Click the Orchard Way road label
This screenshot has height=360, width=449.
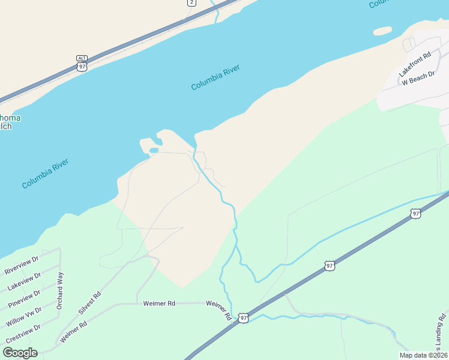pyautogui.click(x=59, y=291)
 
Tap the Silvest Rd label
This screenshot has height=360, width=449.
pyautogui.click(x=90, y=304)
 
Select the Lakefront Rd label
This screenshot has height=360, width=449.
pyautogui.click(x=415, y=65)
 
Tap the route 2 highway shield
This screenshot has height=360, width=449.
pyautogui.click(x=191, y=2)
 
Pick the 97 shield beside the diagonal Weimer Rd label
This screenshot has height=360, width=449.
pyautogui.click(x=243, y=318)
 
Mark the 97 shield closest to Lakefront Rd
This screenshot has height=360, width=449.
pyautogui.click(x=415, y=214)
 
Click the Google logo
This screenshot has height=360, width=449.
pyautogui.click(x=20, y=353)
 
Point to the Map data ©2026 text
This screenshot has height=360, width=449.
pyautogui.click(x=423, y=355)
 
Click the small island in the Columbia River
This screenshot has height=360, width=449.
pyautogui.click(x=382, y=30)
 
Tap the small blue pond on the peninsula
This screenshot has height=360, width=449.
pyautogui.click(x=154, y=150)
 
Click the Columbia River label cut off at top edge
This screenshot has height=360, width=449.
pyautogui.click(x=379, y=4)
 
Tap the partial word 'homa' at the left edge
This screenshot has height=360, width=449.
pyautogui.click(x=10, y=118)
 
